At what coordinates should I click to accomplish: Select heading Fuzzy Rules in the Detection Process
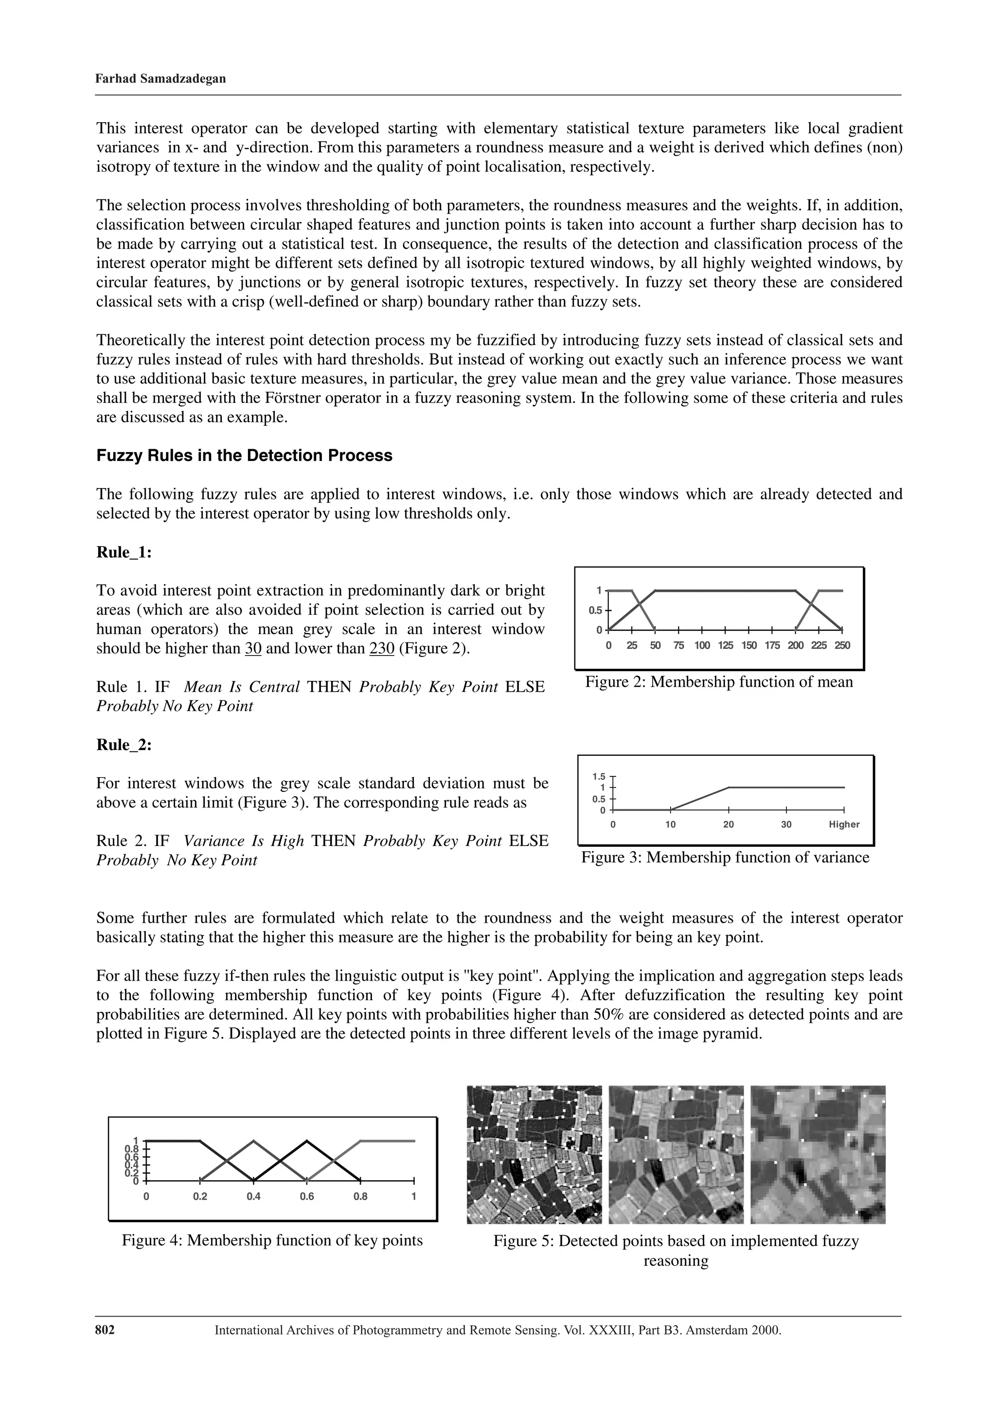pos(244,456)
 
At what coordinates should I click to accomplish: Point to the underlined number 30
pos(253,649)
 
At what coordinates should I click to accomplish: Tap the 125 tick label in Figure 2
pos(725,645)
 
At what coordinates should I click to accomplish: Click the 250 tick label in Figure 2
pos(841,645)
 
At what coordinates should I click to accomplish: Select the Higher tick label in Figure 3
pos(844,824)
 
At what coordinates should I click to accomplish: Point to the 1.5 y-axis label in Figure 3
pos(599,776)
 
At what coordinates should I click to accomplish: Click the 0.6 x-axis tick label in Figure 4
pos(307,1197)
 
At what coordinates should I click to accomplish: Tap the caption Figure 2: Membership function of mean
pos(719,682)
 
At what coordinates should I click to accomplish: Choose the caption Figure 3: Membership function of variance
pos(725,857)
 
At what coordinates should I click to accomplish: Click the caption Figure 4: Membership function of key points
pos(272,1240)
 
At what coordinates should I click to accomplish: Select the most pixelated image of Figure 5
pos(818,1154)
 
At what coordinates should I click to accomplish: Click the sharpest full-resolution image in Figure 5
pos(534,1154)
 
